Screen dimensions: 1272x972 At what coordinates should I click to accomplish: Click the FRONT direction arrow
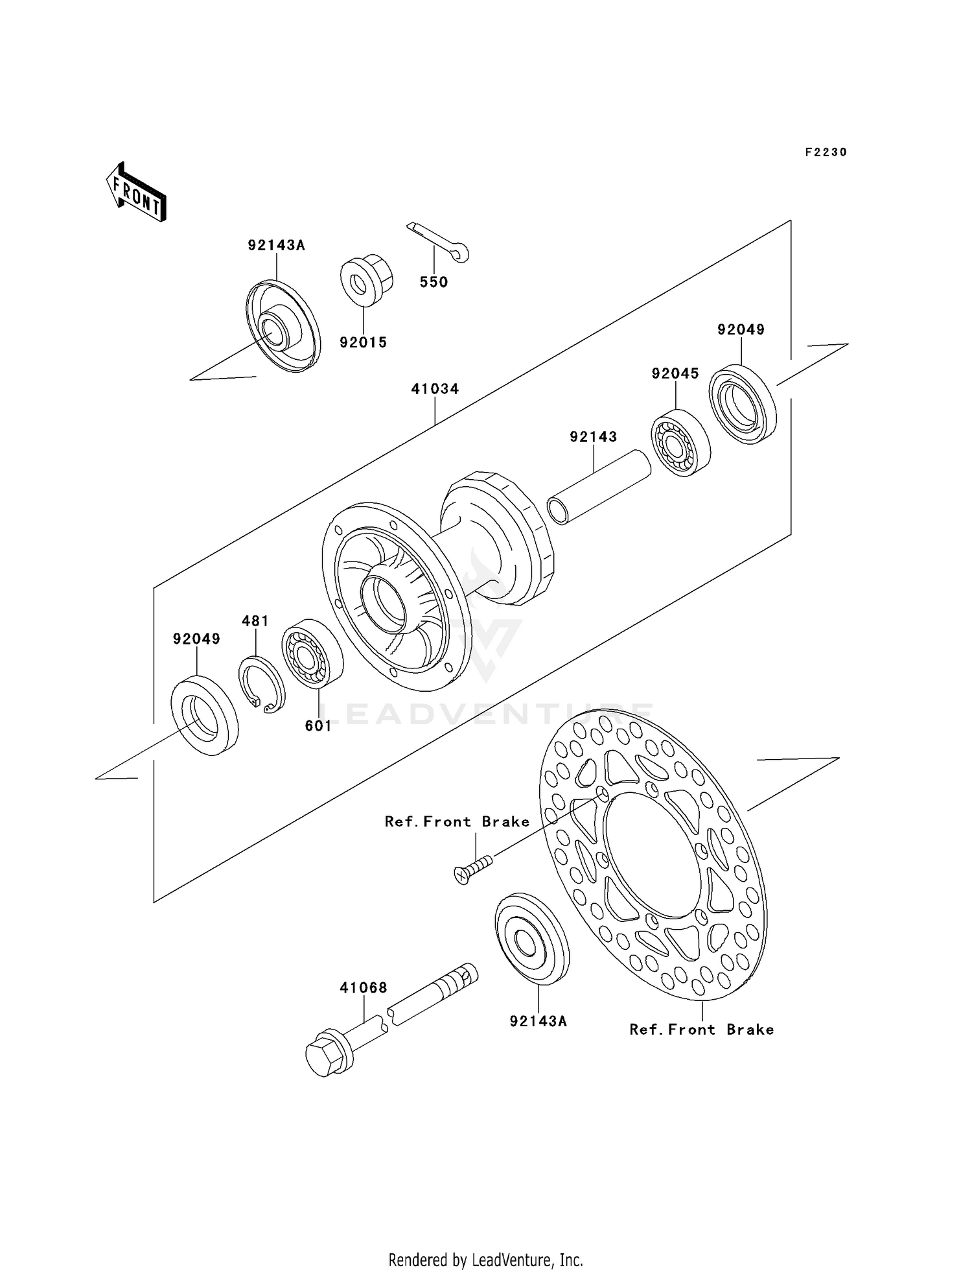pyautogui.click(x=137, y=193)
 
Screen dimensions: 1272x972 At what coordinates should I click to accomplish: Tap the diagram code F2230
pyautogui.click(x=826, y=152)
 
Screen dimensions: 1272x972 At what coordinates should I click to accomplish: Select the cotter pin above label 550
pyautogui.click(x=437, y=241)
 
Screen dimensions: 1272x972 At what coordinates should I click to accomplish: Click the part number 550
pyautogui.click(x=434, y=282)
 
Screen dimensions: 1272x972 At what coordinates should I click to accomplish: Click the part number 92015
pyautogui.click(x=363, y=342)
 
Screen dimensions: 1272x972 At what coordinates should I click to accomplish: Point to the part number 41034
pyautogui.click(x=435, y=389)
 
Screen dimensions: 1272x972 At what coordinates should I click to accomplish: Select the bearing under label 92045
pyautogui.click(x=680, y=443)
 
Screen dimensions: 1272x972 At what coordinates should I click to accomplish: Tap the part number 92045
pyautogui.click(x=675, y=373)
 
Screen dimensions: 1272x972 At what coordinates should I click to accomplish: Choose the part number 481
pyautogui.click(x=255, y=621)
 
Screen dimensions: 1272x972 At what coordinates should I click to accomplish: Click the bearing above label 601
pyautogui.click(x=312, y=654)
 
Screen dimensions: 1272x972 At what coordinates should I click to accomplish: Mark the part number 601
pyautogui.click(x=318, y=726)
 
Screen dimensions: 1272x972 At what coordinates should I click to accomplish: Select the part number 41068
pyautogui.click(x=364, y=988)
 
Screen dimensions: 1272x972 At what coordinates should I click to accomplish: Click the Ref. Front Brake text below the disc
pyautogui.click(x=701, y=1030)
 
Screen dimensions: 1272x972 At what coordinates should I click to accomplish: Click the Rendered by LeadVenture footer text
pyautogui.click(x=485, y=1260)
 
